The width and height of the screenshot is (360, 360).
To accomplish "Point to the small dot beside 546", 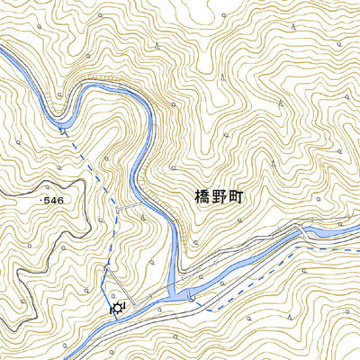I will (40, 199).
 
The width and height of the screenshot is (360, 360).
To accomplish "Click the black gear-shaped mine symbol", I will (117, 309).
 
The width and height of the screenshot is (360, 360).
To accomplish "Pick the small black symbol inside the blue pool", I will (190, 296).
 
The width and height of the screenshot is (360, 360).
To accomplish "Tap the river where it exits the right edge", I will (355, 233).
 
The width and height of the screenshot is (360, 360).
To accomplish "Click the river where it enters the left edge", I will (4, 54).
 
